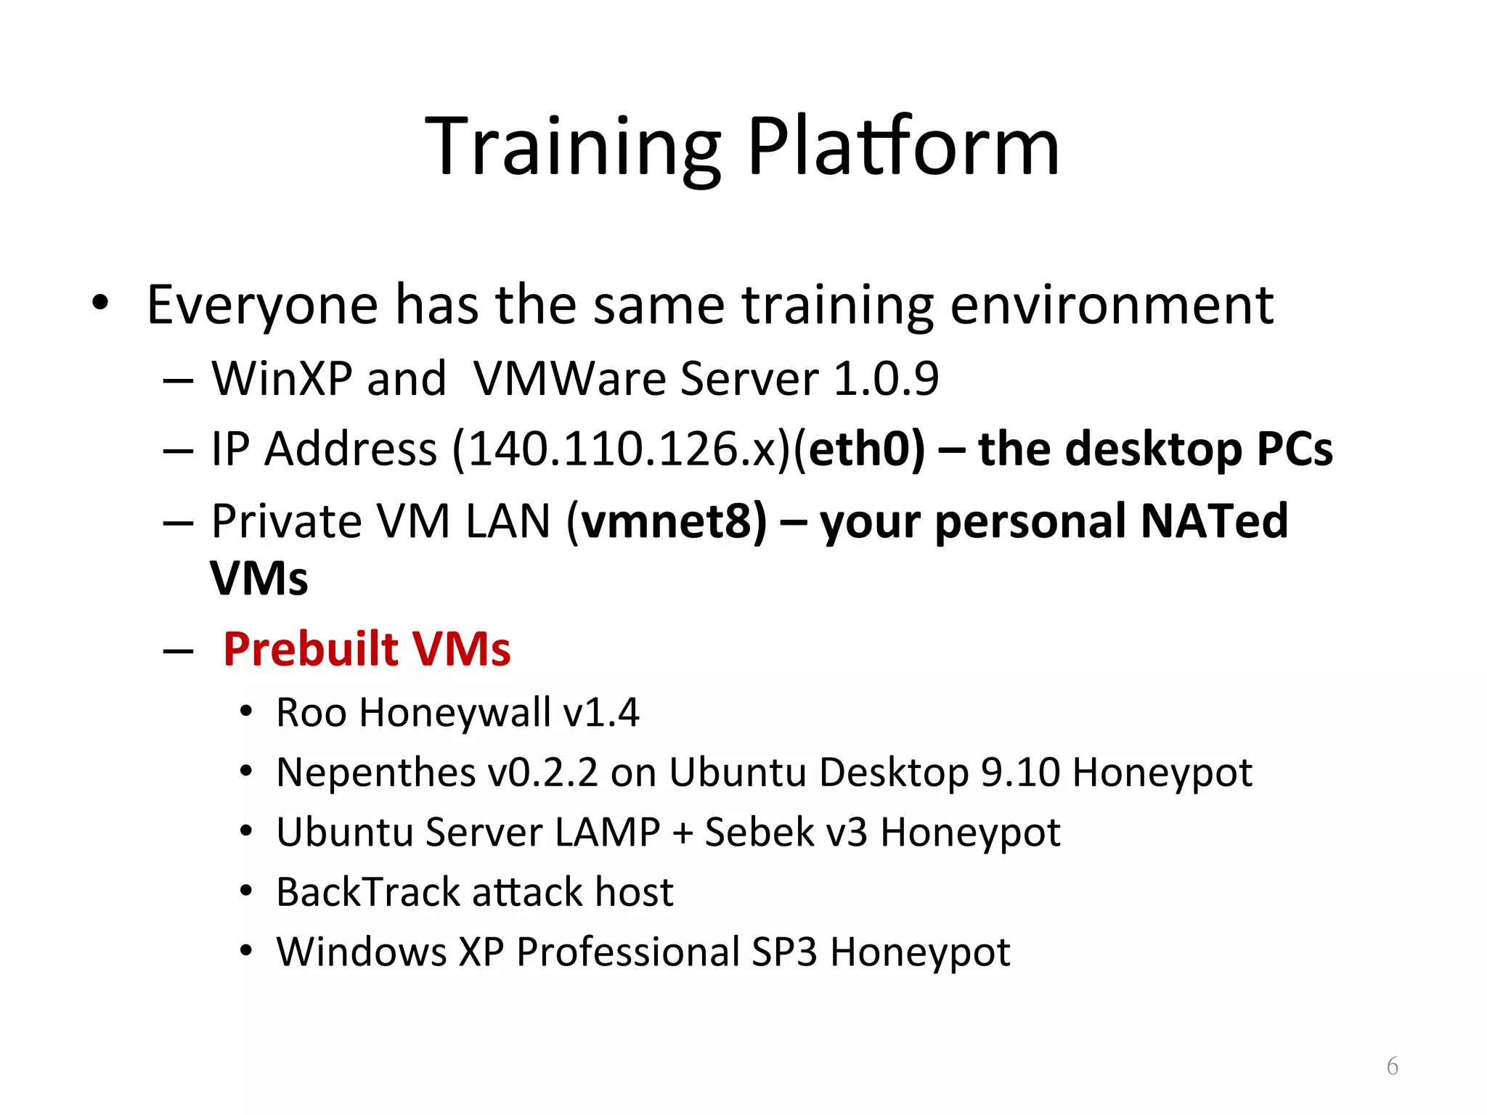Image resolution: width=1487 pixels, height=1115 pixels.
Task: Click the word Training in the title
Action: pos(573,149)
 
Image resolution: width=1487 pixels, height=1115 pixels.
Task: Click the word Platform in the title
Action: pos(903,149)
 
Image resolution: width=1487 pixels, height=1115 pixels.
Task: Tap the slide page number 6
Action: pos(1392,1066)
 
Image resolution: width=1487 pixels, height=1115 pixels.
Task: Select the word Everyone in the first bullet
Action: pos(262,306)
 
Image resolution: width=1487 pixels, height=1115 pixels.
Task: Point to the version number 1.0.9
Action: pos(886,379)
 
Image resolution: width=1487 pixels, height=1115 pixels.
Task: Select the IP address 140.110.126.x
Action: pos(624,449)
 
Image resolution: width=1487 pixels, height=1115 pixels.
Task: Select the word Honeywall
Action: pos(455,712)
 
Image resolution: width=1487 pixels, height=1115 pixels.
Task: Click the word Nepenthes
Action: pos(375,772)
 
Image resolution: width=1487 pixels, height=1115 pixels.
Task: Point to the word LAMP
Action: pos(607,832)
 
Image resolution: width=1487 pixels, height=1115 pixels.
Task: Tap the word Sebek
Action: pos(759,832)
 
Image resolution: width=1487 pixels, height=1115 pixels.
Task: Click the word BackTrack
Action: pos(367,892)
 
